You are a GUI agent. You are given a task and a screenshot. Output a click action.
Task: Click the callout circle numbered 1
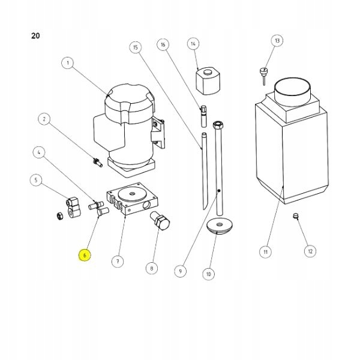[68, 62]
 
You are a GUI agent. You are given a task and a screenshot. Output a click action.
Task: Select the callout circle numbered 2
[43, 119]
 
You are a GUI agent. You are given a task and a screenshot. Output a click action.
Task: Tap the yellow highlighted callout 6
[85, 255]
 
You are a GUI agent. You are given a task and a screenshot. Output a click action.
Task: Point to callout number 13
[277, 41]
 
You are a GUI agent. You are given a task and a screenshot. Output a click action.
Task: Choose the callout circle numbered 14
[193, 44]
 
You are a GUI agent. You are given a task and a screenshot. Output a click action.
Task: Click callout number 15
[136, 47]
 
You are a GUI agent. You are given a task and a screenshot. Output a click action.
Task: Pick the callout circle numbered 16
[163, 44]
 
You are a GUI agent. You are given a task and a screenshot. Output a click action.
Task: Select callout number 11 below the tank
[265, 251]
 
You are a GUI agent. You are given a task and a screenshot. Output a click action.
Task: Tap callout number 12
[310, 251]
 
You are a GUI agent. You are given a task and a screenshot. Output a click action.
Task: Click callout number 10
[208, 274]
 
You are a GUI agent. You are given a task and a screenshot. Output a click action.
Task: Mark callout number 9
[179, 271]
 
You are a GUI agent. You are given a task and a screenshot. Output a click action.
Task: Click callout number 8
[152, 268]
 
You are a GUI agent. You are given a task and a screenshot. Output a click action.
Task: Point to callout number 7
[118, 261]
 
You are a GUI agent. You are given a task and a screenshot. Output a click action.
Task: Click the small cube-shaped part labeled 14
[206, 80]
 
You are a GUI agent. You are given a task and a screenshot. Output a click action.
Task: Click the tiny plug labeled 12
[296, 217]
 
